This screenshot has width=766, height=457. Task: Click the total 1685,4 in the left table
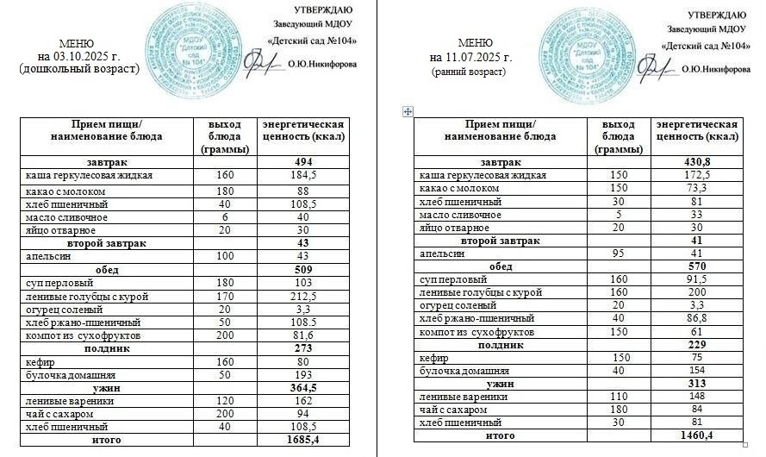tap(302, 440)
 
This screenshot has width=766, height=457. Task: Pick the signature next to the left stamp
tap(258, 62)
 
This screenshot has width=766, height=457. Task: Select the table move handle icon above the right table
tap(408, 111)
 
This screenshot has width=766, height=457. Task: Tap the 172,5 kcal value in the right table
tap(694, 175)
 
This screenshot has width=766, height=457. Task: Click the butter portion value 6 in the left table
tap(225, 218)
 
